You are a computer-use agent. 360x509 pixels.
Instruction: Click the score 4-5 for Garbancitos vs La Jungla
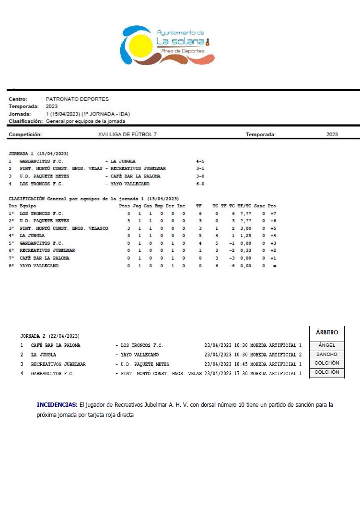[200, 161]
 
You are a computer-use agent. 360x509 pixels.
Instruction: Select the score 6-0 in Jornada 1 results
[200, 184]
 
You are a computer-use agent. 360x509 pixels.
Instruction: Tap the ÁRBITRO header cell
[327, 332]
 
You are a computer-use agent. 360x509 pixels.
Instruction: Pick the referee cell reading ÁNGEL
[327, 345]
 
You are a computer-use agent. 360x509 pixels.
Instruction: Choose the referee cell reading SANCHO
[327, 355]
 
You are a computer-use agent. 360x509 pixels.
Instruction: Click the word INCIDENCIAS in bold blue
[57, 405]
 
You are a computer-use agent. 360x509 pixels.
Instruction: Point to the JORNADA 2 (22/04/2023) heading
[50, 336]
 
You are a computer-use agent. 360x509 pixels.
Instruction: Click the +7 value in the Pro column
[273, 213]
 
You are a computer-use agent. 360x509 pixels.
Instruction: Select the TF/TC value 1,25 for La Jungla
[245, 236]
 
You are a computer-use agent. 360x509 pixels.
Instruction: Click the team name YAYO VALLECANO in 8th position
[39, 266]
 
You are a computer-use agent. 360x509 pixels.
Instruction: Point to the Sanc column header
[259, 206]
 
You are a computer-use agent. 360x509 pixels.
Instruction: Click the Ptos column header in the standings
[125, 206]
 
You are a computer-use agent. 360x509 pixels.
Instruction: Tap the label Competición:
[25, 135]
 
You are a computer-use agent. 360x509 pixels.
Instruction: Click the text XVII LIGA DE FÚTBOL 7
[127, 135]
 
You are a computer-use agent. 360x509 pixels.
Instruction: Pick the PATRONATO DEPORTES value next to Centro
[77, 99]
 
